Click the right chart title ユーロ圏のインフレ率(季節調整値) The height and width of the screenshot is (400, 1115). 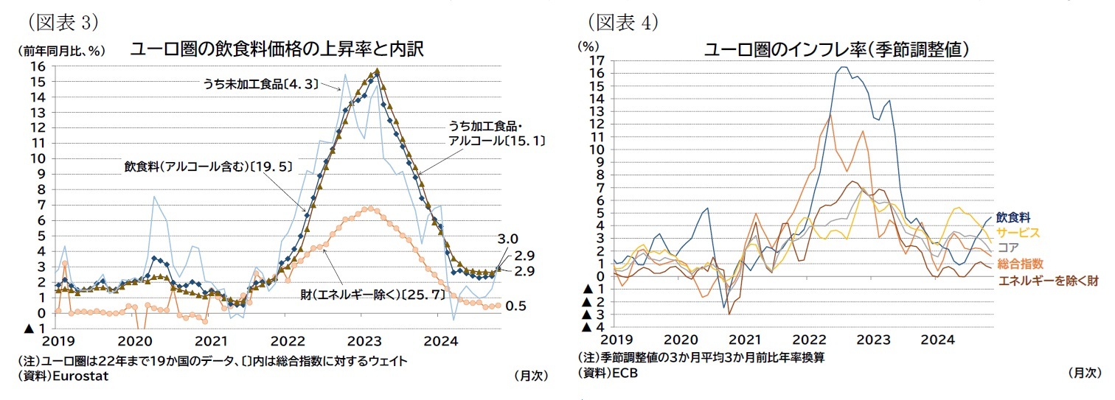[836, 50]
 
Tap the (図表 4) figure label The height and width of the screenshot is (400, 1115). [622, 21]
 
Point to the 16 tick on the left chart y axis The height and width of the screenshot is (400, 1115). [37, 66]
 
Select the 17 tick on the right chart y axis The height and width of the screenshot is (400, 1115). [597, 60]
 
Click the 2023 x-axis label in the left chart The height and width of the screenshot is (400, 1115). [365, 341]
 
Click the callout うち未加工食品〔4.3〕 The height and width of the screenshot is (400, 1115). [260, 84]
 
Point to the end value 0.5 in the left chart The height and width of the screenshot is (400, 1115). [516, 306]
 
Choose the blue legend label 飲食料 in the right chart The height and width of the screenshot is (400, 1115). [1012, 217]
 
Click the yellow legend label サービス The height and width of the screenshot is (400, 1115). [1018, 233]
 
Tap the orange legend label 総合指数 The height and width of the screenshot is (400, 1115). [1019, 264]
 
